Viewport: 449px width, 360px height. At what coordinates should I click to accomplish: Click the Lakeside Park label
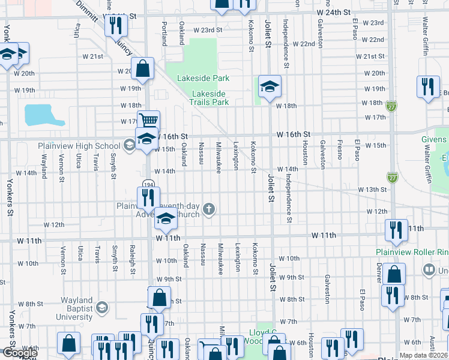(x=203, y=78)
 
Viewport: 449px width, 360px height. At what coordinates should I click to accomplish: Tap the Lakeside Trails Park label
(x=210, y=98)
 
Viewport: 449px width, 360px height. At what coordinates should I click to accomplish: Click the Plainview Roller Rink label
(x=412, y=252)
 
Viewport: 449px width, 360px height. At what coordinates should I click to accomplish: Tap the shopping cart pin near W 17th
(x=148, y=121)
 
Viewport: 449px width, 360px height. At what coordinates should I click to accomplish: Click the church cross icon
(x=209, y=209)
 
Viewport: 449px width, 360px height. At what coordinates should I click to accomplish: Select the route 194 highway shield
(x=148, y=184)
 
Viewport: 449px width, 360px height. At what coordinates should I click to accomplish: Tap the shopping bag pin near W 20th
(x=143, y=68)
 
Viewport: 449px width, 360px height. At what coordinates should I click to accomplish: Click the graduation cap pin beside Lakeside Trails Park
(x=270, y=87)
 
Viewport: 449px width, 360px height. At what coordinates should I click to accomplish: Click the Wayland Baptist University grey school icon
(x=101, y=308)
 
